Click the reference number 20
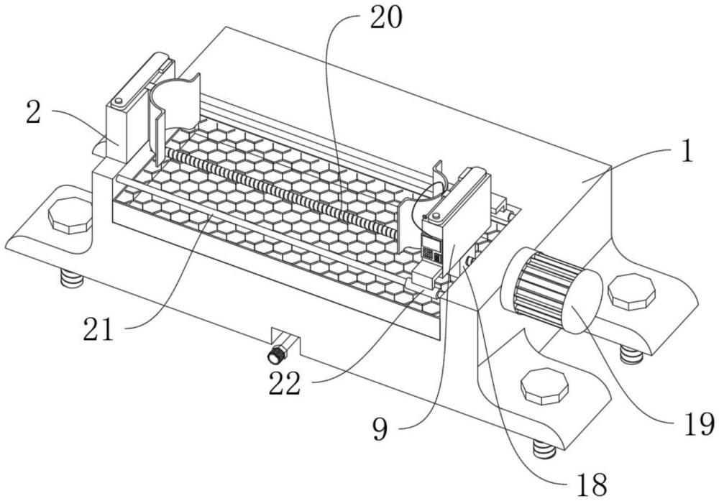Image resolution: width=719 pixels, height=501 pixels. tap(385, 19)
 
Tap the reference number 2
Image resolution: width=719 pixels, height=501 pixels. tap(33, 113)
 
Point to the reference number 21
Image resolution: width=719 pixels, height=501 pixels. tap(98, 329)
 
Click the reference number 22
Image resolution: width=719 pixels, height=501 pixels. tap(284, 383)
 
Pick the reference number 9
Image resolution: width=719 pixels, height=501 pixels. tap(380, 430)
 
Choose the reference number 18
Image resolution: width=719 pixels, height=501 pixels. tap(592, 484)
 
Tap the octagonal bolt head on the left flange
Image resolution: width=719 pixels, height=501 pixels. tap(70, 213)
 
